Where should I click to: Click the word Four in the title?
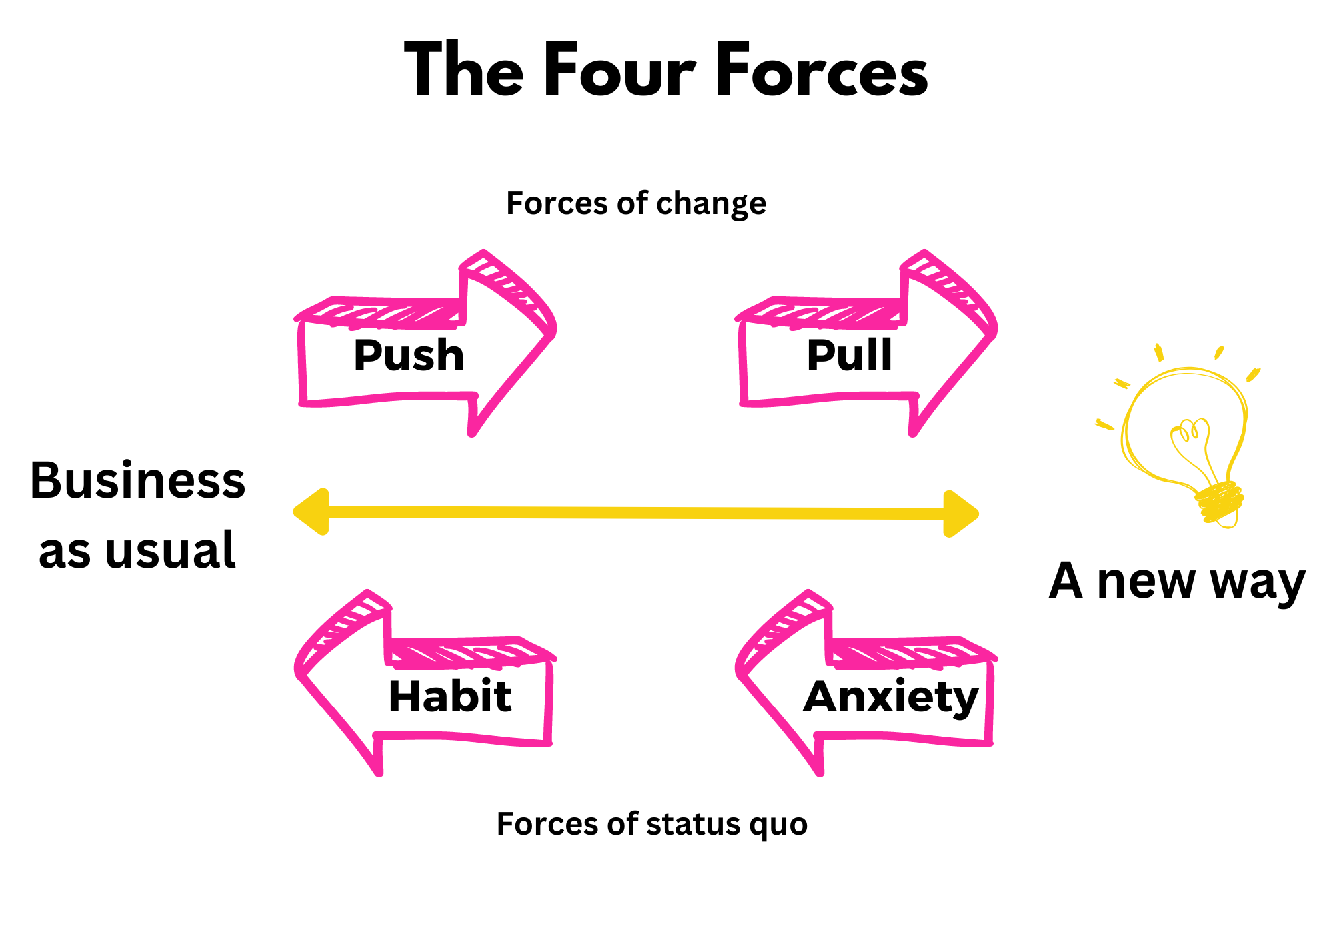[x=620, y=70]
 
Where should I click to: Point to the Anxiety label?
[x=891, y=698]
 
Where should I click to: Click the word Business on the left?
[x=138, y=480]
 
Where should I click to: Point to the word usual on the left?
[x=170, y=551]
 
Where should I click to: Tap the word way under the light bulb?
[x=1257, y=582]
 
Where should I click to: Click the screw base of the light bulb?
[x=1220, y=504]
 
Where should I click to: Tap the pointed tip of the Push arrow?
[x=552, y=329]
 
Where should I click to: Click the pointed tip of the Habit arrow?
[x=299, y=669]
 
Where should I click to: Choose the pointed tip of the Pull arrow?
[x=993, y=329]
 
